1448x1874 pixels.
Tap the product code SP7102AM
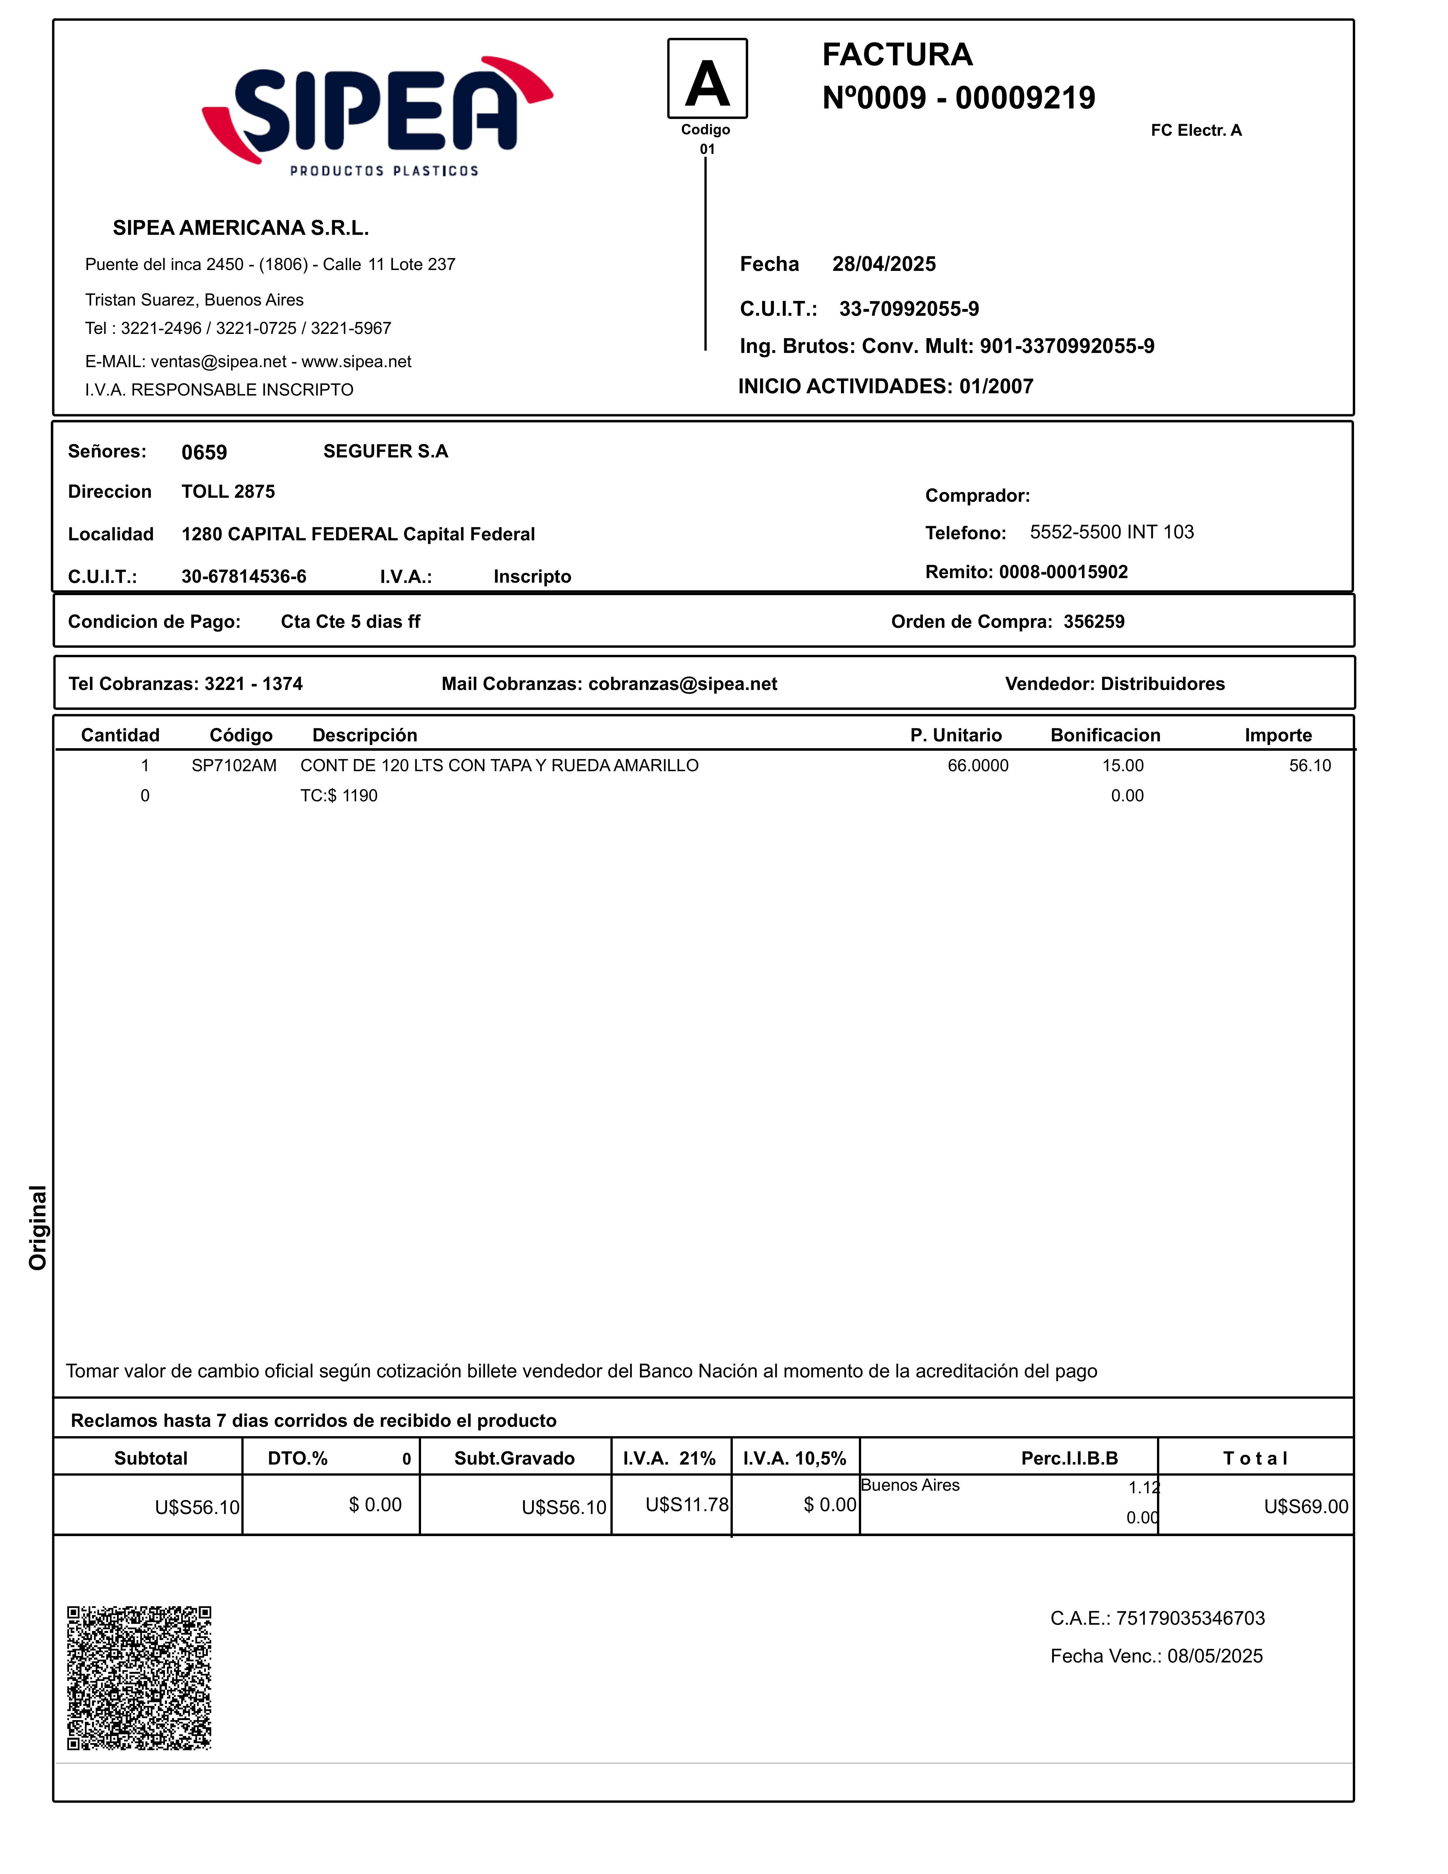tap(234, 766)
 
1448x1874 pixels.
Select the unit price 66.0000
tap(978, 766)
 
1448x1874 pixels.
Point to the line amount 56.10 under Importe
tap(1310, 766)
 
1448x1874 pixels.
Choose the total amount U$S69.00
tap(1305, 1507)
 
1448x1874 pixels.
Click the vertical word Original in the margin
tap(38, 1227)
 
